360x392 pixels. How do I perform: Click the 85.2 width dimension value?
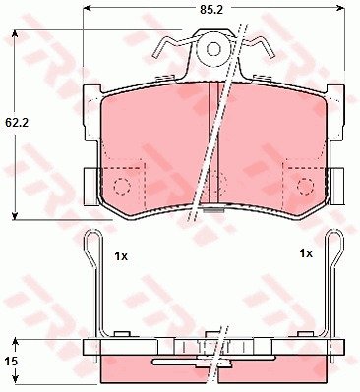point(211,10)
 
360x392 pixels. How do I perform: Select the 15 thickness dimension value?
point(12,362)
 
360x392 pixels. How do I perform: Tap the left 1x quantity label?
point(121,256)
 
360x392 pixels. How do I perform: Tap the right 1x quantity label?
point(306,253)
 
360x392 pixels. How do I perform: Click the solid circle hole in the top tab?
point(213,49)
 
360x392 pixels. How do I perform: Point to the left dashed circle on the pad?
point(122,187)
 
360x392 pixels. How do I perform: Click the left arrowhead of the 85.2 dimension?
point(87,8)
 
